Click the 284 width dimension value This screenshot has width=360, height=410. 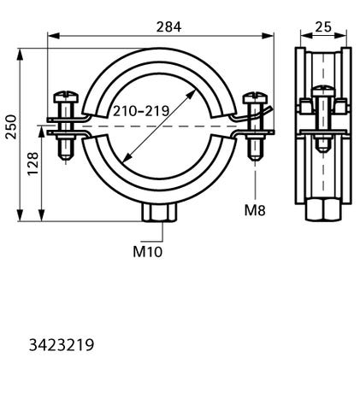pos(168,27)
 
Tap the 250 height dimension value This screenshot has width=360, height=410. pos(11,126)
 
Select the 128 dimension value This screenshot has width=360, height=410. pos(32,164)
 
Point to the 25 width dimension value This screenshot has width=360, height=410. pos(323,27)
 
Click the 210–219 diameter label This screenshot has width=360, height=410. pos(141,111)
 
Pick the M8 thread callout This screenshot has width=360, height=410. pos(255,211)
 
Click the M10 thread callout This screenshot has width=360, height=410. pos(148,252)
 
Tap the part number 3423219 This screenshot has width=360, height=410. pos(62,345)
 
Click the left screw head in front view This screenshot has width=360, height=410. pos(66,97)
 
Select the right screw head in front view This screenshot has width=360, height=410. pos(255,97)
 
